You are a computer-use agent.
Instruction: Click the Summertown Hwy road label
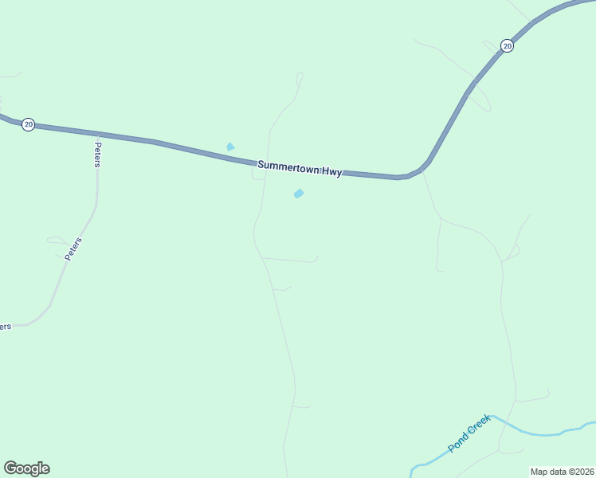(x=300, y=169)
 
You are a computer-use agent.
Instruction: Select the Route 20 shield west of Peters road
(x=28, y=124)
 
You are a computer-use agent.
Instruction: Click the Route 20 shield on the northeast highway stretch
(x=507, y=46)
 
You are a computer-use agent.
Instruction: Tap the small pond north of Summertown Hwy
(x=230, y=147)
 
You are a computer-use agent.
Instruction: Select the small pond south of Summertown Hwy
(x=299, y=194)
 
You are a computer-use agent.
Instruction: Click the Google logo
(x=26, y=468)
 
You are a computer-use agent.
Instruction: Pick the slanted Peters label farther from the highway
(x=73, y=249)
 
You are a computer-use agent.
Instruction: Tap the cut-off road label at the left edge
(x=5, y=327)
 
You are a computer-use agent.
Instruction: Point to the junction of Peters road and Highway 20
(x=97, y=135)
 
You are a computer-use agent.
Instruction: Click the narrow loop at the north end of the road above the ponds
(x=300, y=78)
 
